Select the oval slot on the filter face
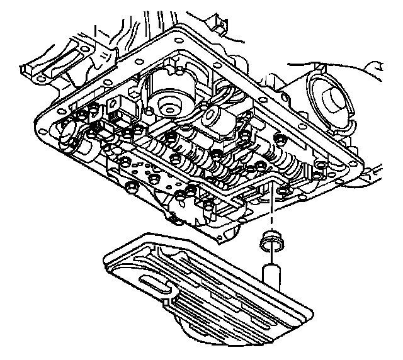click(157, 285)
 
